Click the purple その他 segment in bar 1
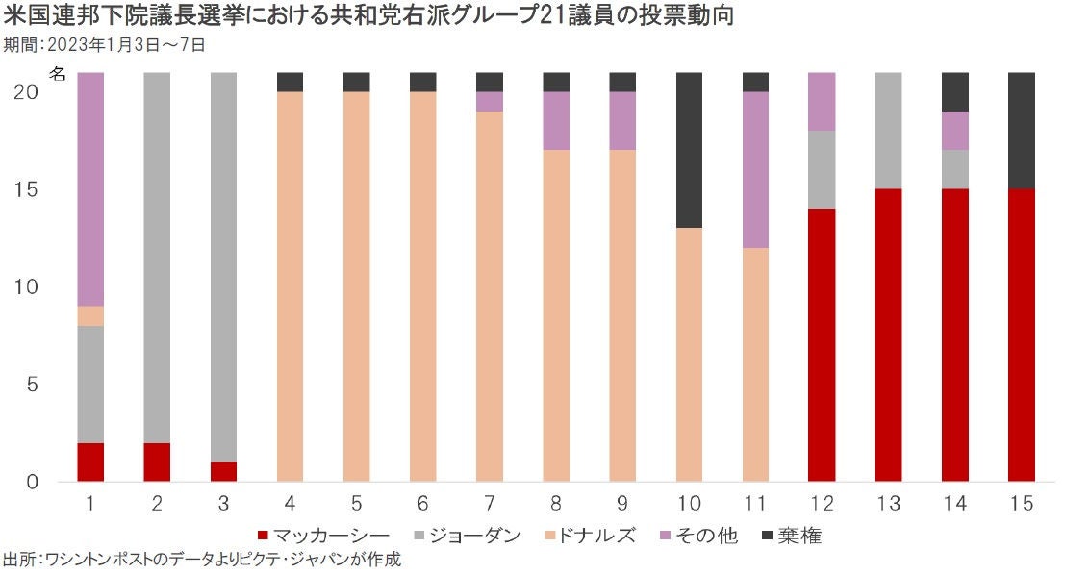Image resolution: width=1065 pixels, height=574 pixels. [x=90, y=189]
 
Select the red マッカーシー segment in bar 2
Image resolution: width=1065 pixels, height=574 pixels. [x=157, y=462]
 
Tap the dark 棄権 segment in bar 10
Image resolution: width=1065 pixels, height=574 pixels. [x=689, y=150]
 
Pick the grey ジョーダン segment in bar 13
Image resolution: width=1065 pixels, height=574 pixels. [x=889, y=131]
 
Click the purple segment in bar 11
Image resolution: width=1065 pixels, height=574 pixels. [x=755, y=170]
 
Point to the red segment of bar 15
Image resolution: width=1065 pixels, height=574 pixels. [x=1022, y=335]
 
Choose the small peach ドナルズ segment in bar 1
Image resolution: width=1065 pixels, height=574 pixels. [x=90, y=316]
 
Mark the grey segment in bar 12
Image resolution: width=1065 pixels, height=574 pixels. [x=822, y=170]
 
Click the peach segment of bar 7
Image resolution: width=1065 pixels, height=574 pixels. [x=490, y=296]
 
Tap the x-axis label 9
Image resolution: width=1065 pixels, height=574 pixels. [x=622, y=503]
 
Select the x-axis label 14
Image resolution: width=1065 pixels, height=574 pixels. [x=955, y=503]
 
